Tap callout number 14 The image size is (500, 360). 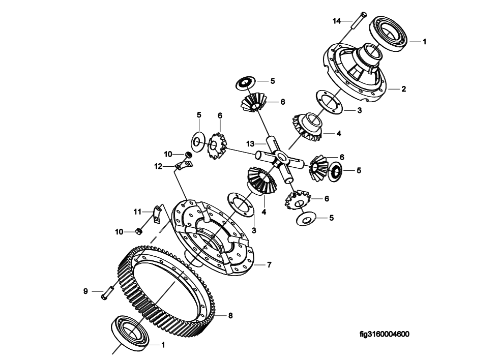(x=337, y=21)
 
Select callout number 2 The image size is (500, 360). (x=403, y=89)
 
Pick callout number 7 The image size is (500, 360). (x=270, y=264)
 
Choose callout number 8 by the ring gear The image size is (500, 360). (x=230, y=316)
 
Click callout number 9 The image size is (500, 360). (x=85, y=291)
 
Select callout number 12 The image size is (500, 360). (x=159, y=166)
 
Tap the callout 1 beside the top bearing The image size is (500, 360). (x=425, y=42)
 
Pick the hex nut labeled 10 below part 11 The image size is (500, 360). (x=138, y=232)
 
